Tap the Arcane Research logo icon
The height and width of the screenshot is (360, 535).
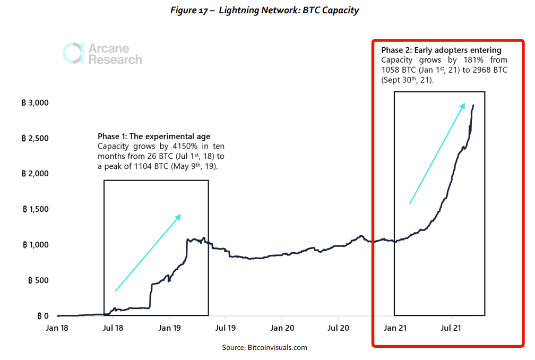(73, 54)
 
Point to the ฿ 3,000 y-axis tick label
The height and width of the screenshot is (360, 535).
(36, 102)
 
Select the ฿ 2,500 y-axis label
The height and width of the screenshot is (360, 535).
(36, 138)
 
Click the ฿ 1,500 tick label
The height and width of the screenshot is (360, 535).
(36, 209)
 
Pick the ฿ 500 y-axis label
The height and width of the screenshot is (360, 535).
(38, 280)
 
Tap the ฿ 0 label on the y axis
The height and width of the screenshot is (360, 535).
(43, 316)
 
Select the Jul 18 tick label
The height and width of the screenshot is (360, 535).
(113, 328)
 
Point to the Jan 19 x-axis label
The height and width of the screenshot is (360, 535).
(169, 328)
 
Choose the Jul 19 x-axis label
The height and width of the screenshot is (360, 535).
(225, 328)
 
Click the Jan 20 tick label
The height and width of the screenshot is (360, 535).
(282, 328)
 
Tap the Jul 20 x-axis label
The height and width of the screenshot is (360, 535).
(338, 328)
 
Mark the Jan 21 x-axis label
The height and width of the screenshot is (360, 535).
(394, 328)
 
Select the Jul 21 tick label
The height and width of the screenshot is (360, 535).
(451, 328)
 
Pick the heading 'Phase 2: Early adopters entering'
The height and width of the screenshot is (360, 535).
(441, 50)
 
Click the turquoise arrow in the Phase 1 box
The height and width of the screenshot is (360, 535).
(148, 253)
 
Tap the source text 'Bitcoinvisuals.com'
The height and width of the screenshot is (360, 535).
(277, 348)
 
